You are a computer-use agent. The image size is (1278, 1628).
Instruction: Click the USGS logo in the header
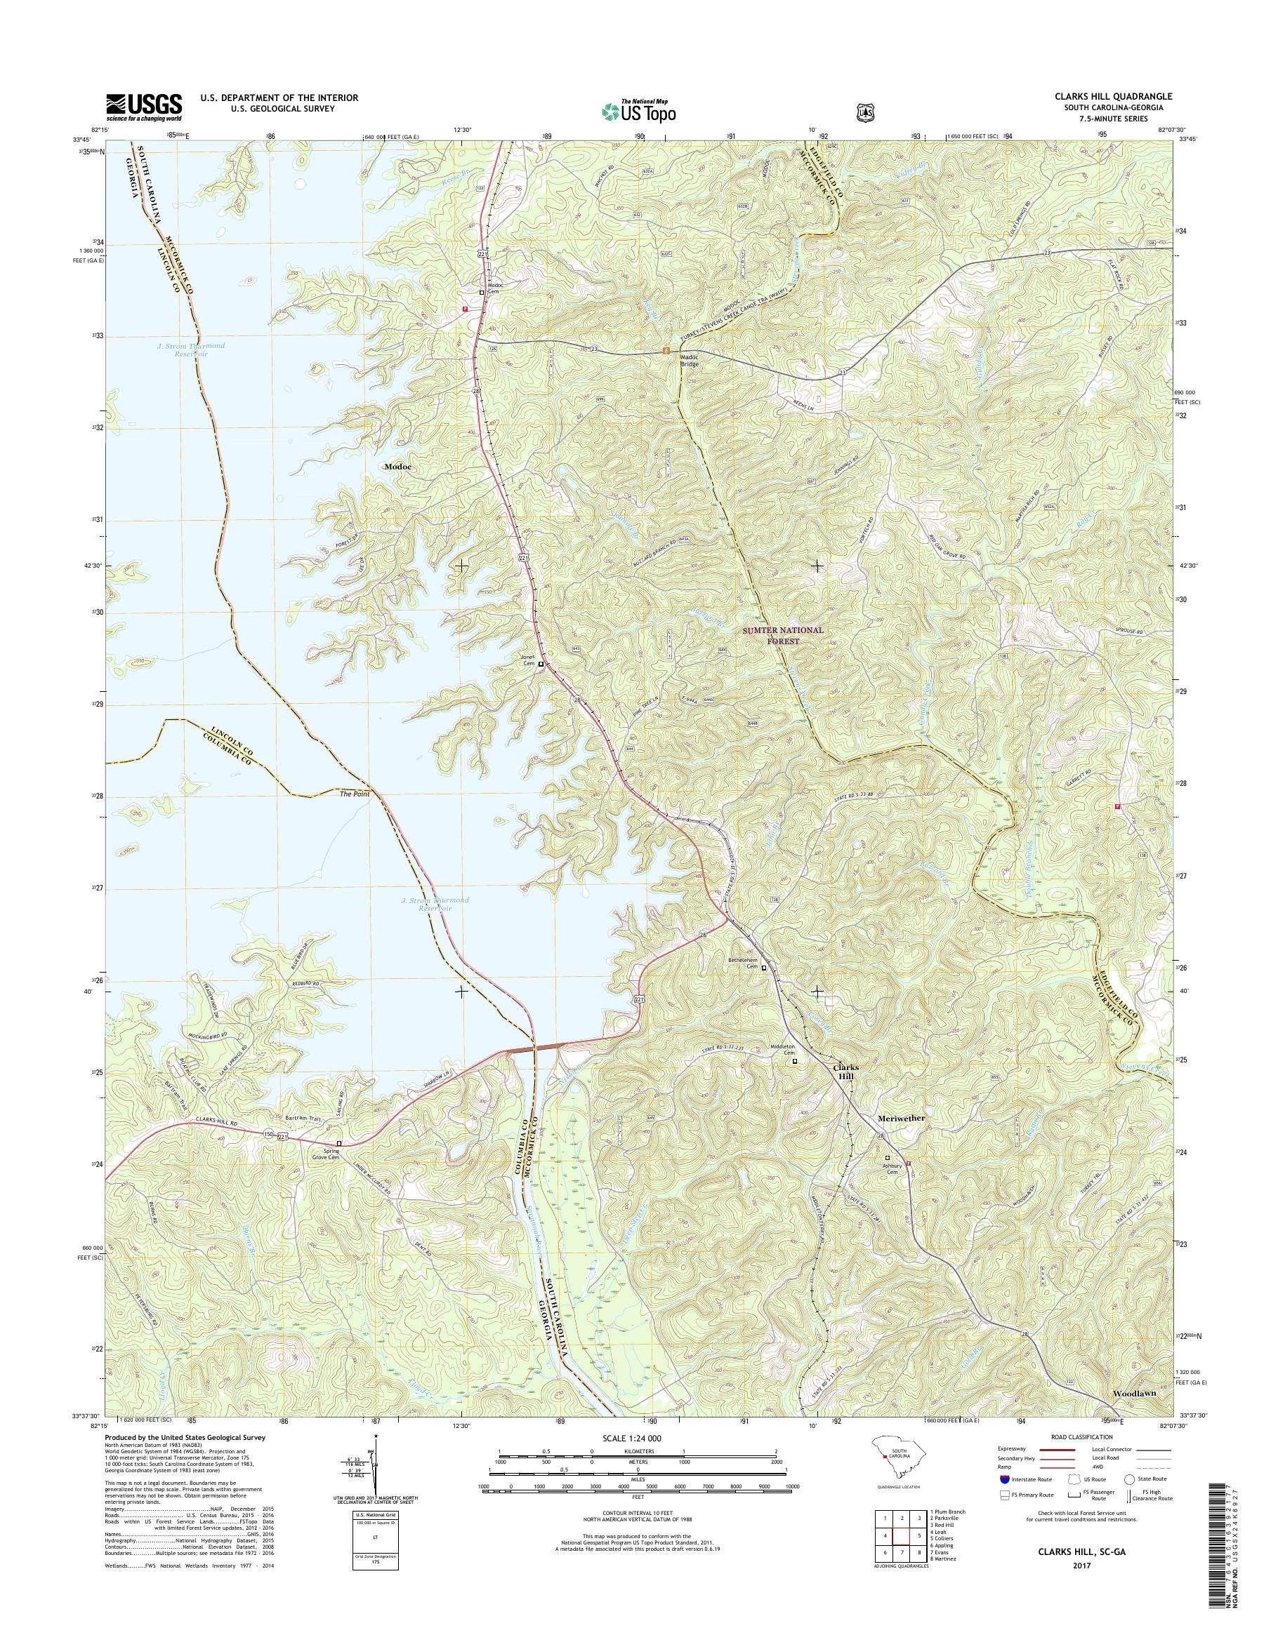tap(145, 107)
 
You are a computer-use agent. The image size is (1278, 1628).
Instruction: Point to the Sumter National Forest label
tap(783, 636)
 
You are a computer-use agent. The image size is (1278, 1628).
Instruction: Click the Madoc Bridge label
tap(689, 361)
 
